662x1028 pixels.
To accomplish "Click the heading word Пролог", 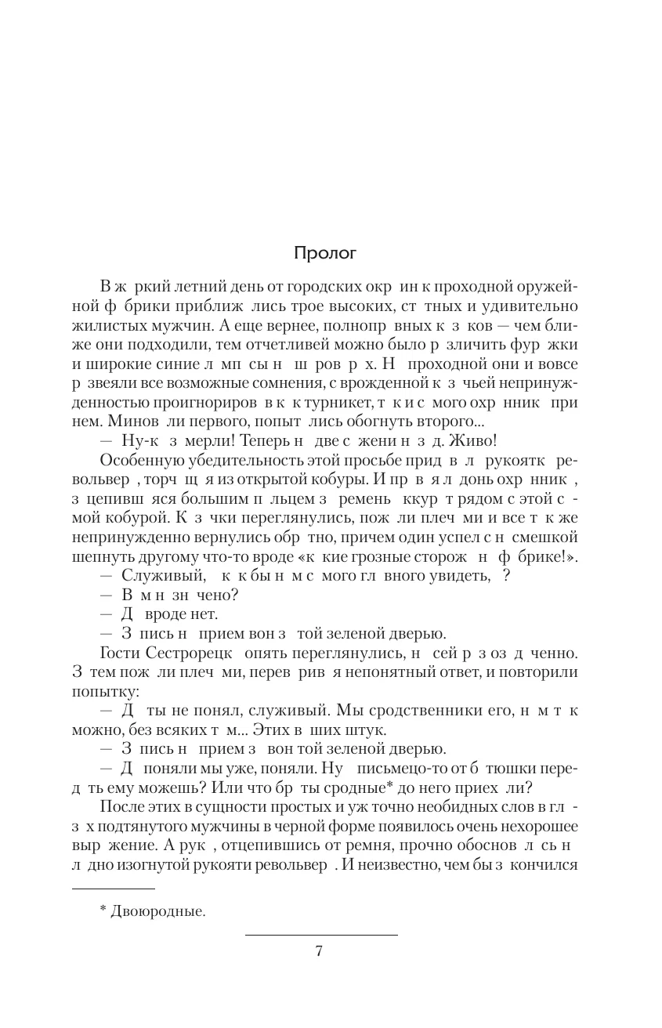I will (x=325, y=253).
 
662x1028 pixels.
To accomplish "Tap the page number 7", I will (x=319, y=951).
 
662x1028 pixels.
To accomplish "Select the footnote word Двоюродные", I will (x=157, y=911).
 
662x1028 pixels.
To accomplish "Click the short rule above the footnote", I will (x=113, y=889).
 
